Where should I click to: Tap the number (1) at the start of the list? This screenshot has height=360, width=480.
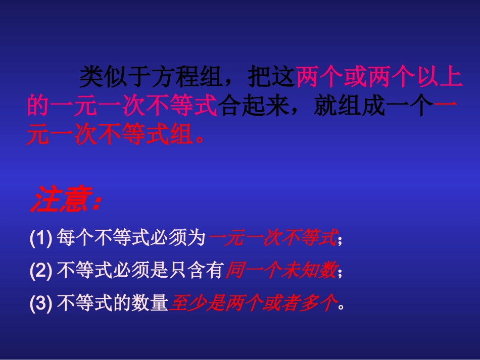[41, 238]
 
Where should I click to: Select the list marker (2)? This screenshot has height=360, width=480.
[41, 271]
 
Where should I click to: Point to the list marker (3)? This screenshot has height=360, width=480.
[41, 303]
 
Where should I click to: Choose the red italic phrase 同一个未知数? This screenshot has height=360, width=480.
[280, 271]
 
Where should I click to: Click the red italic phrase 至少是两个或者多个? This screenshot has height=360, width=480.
[252, 303]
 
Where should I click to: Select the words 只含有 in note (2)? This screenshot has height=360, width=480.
[205, 271]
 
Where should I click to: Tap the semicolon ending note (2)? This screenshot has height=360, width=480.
[340, 273]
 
